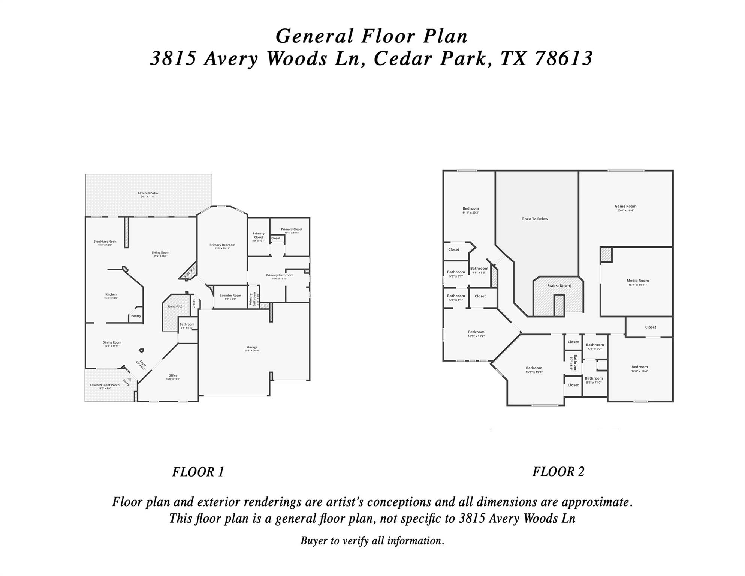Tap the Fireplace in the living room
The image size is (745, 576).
[190, 272]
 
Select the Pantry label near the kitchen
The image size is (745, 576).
[136, 316]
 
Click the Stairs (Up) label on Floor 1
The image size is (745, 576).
[175, 306]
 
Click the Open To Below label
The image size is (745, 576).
[535, 219]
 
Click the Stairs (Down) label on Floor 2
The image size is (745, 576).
[559, 285]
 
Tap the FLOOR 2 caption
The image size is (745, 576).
[558, 471]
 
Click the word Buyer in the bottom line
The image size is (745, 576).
[314, 541]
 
